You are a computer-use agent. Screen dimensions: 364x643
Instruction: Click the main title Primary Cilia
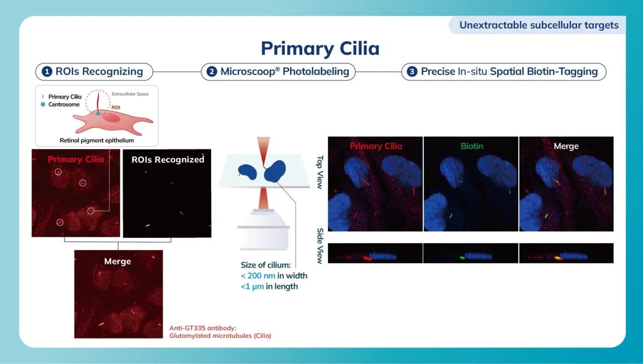tap(320, 48)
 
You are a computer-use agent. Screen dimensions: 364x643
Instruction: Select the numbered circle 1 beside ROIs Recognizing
tap(47, 72)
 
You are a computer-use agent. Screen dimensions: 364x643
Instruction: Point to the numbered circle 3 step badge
tap(412, 72)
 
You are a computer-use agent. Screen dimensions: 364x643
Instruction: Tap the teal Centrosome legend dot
tap(43, 105)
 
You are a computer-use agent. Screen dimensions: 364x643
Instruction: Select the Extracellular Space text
tap(130, 94)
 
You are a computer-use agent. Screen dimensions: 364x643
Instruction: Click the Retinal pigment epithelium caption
tap(96, 141)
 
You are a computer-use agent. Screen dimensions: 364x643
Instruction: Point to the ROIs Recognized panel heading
tap(168, 160)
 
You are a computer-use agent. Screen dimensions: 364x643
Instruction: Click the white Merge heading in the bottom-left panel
tap(118, 261)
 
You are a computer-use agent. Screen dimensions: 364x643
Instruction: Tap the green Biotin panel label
tap(472, 146)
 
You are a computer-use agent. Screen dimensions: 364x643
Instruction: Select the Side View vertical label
tap(320, 246)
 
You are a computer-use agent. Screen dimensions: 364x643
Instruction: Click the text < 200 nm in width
tap(274, 276)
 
